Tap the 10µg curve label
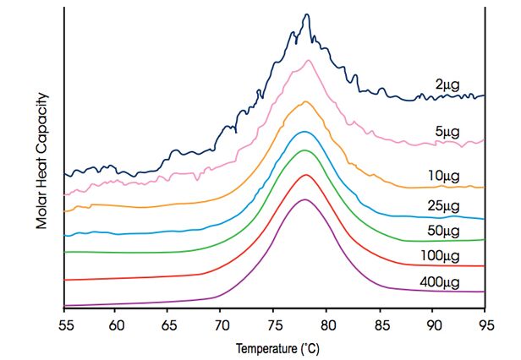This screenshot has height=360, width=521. (x=444, y=176)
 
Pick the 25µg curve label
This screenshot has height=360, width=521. (x=445, y=206)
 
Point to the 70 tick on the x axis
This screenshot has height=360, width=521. (x=222, y=324)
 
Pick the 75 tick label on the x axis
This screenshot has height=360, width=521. (x=274, y=324)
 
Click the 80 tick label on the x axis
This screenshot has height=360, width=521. (x=327, y=324)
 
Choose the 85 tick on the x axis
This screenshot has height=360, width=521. (x=380, y=324)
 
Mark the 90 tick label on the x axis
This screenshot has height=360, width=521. (x=433, y=324)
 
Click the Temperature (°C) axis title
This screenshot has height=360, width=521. (x=278, y=347)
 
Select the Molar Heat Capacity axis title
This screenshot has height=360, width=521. (x=41, y=161)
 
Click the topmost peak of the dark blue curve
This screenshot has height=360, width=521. (x=307, y=14)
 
